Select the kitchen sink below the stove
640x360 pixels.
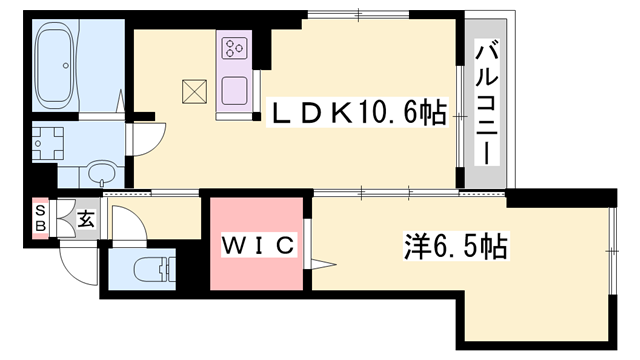236,86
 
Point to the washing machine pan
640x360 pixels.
44,142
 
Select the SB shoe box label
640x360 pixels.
41,217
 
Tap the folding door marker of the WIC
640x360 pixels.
321,264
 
